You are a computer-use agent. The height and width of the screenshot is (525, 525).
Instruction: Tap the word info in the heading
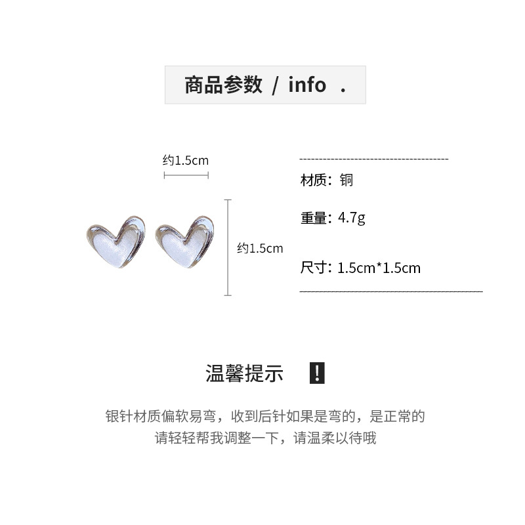click(x=307, y=85)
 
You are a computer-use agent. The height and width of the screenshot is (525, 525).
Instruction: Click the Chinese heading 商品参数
click(x=223, y=85)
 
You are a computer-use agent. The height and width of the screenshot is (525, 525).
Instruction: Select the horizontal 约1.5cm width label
click(x=186, y=160)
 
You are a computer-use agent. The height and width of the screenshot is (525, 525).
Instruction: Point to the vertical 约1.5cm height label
click(x=260, y=248)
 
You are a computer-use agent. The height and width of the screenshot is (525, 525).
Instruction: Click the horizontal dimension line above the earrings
click(x=186, y=175)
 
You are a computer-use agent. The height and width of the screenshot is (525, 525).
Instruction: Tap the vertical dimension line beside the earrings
click(x=228, y=248)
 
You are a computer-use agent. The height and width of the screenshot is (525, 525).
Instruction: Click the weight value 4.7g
click(x=352, y=217)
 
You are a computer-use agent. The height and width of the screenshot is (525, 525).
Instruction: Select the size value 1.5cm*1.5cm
click(x=379, y=268)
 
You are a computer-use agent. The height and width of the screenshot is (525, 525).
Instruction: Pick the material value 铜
click(x=346, y=180)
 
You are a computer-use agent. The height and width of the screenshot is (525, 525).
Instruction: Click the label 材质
click(x=313, y=180)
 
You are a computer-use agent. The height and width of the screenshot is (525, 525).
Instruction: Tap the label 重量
click(x=313, y=217)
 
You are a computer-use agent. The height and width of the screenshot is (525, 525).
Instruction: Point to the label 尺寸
click(x=313, y=268)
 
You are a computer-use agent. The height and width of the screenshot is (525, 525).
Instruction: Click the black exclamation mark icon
click(x=316, y=373)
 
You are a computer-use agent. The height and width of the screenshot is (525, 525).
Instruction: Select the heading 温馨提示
click(x=244, y=374)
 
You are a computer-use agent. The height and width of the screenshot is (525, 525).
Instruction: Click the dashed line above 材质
click(x=373, y=159)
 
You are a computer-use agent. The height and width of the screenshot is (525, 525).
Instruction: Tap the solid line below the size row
click(x=391, y=290)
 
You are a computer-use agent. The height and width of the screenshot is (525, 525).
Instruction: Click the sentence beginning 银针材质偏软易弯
click(x=265, y=416)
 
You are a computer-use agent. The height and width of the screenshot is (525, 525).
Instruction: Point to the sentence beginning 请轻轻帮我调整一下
click(x=265, y=438)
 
